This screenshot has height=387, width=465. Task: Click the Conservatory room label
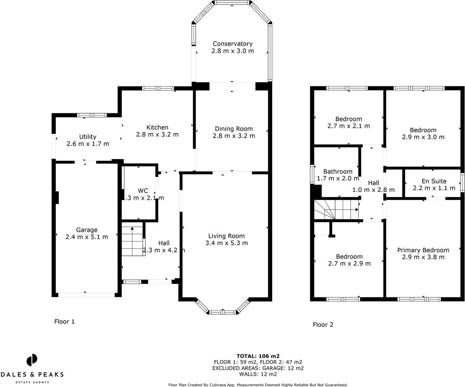[x=232, y=44]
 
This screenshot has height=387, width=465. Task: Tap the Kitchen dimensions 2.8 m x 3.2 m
[x=157, y=134]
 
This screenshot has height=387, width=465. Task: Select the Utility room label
[x=88, y=137]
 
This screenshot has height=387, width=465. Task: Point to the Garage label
[x=87, y=230]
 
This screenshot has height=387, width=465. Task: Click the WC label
[x=142, y=190]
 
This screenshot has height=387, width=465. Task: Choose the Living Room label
[x=226, y=236]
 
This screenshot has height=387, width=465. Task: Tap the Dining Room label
[x=234, y=129]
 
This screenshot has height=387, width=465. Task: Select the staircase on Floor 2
[x=336, y=210]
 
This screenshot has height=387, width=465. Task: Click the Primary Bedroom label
[x=423, y=250]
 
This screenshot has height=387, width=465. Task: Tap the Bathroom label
[x=338, y=172]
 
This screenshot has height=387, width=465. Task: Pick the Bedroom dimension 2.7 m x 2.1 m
[x=348, y=126]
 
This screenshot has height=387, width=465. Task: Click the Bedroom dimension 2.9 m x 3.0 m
[x=423, y=137]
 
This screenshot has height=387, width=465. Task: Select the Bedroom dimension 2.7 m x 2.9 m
[x=349, y=263]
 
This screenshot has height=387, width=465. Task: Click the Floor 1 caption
[x=64, y=321]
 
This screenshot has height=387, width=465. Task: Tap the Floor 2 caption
[x=323, y=325]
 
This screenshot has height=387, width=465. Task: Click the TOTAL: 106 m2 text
[x=258, y=356]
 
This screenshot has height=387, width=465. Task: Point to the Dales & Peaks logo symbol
[x=32, y=360]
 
